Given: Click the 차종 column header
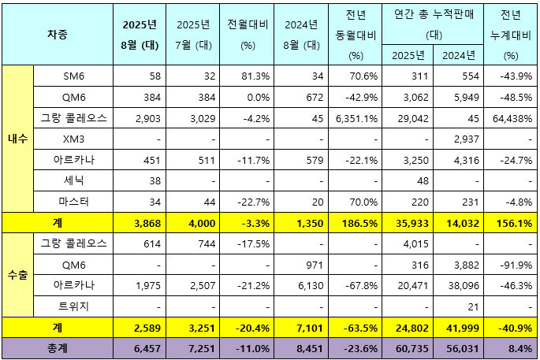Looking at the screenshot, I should [58, 35].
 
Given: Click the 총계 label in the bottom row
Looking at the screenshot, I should [58, 347].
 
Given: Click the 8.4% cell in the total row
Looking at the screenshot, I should [512, 347].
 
